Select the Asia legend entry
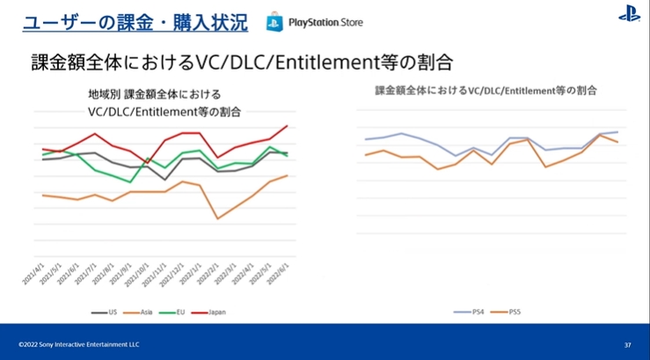coord(140,312)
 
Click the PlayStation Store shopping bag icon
coord(274,21)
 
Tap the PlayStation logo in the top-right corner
coord(629,15)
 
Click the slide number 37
coord(627,344)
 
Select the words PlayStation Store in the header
coord(325,22)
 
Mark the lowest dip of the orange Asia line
coord(217,218)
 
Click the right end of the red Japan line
coord(288,125)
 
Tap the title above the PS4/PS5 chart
coord(486,90)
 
